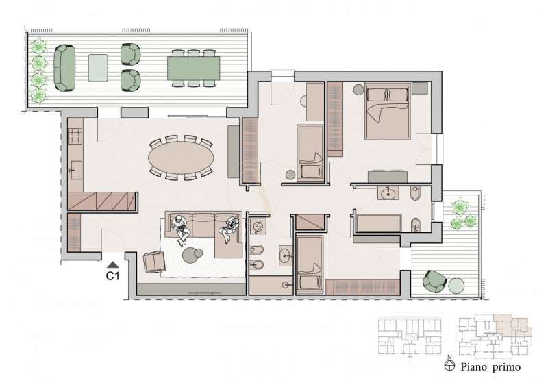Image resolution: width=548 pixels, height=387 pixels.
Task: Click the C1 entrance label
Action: [112, 276]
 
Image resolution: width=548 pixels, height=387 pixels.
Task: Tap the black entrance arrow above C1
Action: [113, 264]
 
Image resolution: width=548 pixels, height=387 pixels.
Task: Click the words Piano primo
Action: [490, 367]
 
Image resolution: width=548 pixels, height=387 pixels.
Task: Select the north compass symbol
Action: [449, 364]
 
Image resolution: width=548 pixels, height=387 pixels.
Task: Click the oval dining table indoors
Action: [181, 158]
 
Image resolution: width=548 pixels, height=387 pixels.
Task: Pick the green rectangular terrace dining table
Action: [194, 68]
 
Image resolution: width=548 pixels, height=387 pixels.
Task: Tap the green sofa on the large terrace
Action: [64, 68]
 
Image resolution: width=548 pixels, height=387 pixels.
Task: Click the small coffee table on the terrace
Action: [98, 68]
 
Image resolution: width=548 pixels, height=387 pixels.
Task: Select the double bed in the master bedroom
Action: [387, 111]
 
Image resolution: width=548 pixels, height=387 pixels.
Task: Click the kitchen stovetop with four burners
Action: [75, 136]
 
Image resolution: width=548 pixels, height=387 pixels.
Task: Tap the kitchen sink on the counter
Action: [76, 170]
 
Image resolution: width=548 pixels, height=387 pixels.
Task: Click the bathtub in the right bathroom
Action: [379, 223]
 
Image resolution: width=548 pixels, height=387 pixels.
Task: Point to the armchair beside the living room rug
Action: [154, 262]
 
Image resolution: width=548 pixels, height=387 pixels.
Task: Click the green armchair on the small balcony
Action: [434, 281]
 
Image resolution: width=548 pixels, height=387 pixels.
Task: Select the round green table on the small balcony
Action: [456, 286]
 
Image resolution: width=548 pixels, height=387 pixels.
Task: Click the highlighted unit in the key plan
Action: [512, 327]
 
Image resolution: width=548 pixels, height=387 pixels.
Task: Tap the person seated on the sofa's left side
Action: [181, 229]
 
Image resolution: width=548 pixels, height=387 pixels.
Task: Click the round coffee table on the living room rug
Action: [192, 255]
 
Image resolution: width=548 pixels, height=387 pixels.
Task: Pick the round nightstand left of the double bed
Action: [358, 90]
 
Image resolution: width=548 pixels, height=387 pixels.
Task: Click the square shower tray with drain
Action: [259, 227]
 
